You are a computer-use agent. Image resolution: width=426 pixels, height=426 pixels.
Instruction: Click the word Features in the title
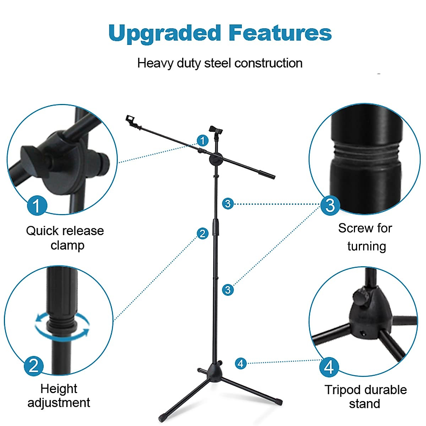point(280,33)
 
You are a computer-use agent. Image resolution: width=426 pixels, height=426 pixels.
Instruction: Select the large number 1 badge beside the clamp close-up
point(37,206)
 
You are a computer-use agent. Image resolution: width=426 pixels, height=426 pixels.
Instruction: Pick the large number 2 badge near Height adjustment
point(34,366)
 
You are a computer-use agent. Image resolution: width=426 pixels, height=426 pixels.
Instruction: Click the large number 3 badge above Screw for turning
point(330,205)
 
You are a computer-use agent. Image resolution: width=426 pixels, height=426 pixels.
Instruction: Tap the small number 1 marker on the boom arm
point(202,141)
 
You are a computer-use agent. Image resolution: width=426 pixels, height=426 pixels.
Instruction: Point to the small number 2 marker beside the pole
point(202,234)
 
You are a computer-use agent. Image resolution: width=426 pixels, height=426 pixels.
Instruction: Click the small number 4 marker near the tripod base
point(241,363)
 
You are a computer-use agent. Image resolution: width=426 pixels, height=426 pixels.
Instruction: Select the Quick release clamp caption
point(65,238)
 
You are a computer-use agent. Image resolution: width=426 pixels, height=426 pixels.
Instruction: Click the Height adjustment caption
point(59,395)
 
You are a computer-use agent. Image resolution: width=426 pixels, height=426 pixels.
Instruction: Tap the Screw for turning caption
point(366,237)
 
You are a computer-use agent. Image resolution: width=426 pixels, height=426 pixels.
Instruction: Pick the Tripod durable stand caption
point(365,397)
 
